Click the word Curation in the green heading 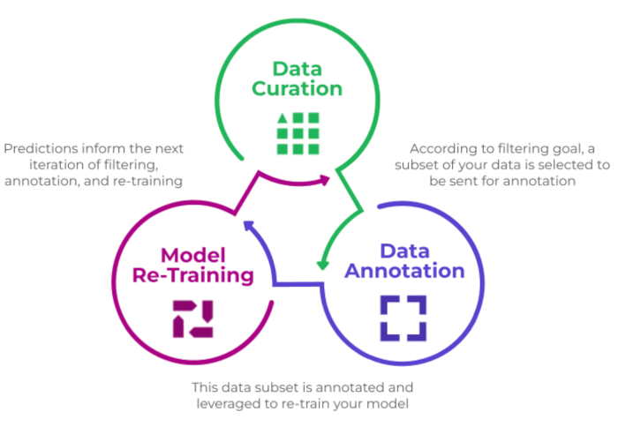298,88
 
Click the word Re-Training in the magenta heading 193,275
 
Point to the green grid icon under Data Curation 298,133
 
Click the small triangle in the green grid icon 283,118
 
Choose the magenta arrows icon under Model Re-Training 192,318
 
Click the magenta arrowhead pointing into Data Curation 326,181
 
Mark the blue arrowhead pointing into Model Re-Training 247,227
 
